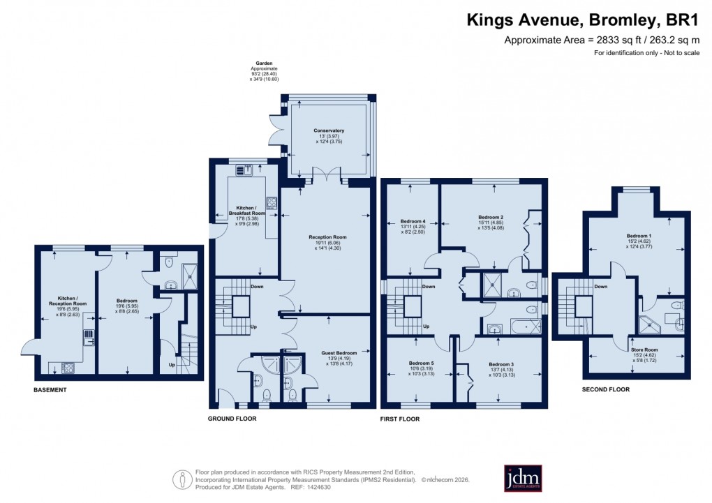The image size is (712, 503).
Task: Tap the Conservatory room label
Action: [x=329, y=130]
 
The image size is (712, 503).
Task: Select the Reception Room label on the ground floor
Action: [x=327, y=237]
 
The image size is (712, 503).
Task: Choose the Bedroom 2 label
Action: [x=491, y=218]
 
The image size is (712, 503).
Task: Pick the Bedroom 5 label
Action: [x=421, y=363]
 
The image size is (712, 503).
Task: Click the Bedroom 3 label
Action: [x=501, y=364]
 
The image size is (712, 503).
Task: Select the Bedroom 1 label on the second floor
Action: [x=637, y=237]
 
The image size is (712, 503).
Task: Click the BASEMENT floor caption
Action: [x=50, y=390]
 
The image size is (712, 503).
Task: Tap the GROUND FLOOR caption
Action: [x=232, y=419]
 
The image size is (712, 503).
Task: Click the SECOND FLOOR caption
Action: [x=606, y=390]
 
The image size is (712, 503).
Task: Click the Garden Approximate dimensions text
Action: [x=264, y=70]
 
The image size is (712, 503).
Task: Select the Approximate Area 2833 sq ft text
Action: [x=599, y=40]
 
